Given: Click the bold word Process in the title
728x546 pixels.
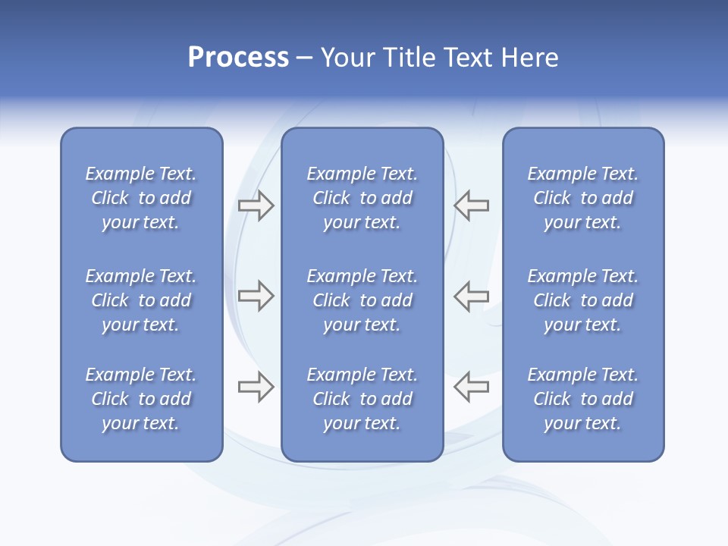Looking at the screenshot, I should coord(238,58).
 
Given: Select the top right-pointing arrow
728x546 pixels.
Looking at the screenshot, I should coord(256,206).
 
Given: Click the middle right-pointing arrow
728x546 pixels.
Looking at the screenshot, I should coord(256,296).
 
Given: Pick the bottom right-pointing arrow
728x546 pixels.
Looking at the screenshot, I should coord(256,387).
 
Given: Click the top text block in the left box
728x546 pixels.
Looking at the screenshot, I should coord(141,198).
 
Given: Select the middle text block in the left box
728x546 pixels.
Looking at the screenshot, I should coord(141,300).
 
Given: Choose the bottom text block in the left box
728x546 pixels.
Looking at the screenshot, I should coord(141,399).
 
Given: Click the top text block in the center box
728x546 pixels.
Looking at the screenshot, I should coord(362,198).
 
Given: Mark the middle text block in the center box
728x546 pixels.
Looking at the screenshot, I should coord(362,300).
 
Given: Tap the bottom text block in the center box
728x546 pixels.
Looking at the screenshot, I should coord(362,399).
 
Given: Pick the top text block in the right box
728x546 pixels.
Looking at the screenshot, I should coord(582,198).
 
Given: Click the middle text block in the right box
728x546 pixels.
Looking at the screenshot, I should coord(582,300).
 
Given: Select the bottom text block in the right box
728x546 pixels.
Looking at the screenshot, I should coord(582,399).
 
